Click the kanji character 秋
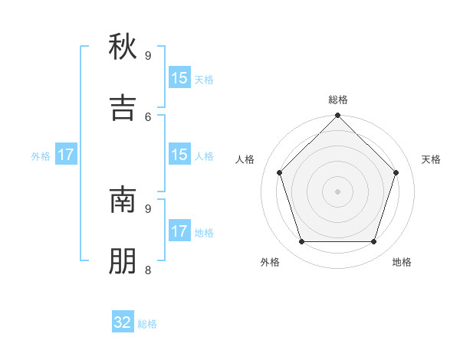(123, 48)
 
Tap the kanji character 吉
(123, 108)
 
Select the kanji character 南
(123, 200)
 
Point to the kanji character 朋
(123, 261)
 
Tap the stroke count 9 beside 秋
(148, 55)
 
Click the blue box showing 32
(123, 322)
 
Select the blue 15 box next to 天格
(179, 78)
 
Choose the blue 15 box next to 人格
(179, 155)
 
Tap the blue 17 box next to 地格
(179, 231)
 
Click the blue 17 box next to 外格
(66, 155)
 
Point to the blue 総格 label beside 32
(147, 324)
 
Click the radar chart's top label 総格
(337, 100)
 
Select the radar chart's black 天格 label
(431, 159)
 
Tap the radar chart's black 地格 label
(402, 262)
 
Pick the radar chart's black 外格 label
(270, 262)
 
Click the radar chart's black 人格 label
(245, 159)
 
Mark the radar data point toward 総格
(337, 116)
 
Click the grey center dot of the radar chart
(337, 191)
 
